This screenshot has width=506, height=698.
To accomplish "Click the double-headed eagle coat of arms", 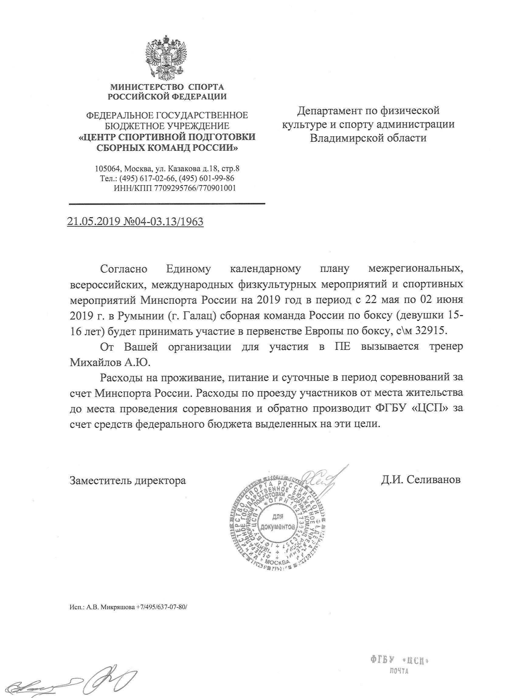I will coord(166,59).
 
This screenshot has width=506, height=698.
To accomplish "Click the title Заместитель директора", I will coord(128,480).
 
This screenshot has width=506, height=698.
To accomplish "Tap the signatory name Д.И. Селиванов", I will coord(421,480).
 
